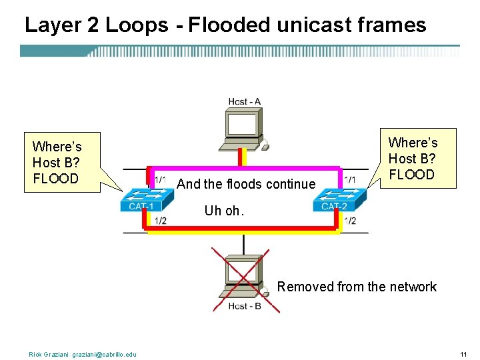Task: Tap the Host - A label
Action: point(244,102)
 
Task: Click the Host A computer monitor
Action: point(243,124)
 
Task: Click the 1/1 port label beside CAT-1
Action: point(160,180)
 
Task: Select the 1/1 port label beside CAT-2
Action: point(349,180)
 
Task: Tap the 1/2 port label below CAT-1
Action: point(160,221)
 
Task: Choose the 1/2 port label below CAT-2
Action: point(349,221)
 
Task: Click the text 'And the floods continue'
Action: point(246,184)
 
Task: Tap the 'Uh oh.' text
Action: point(224,211)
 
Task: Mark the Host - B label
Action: point(244,306)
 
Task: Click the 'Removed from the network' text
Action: point(357,287)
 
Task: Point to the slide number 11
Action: point(463,353)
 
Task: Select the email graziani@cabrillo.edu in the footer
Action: point(104,354)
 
